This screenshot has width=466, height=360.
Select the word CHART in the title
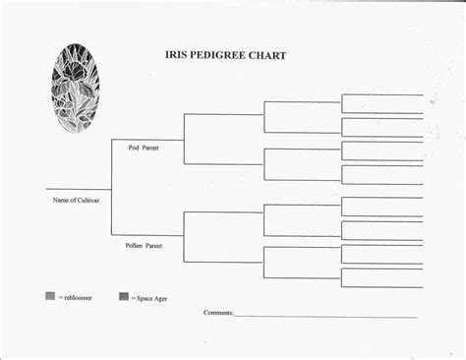pyautogui.click(x=267, y=56)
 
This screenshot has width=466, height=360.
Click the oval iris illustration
pyautogui.click(x=75, y=88)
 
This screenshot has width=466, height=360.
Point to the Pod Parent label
pyautogui.click(x=143, y=148)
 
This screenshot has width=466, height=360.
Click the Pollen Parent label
pyautogui.click(x=144, y=245)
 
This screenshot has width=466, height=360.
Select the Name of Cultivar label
pyautogui.click(x=76, y=200)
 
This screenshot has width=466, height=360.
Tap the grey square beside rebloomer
pyautogui.click(x=50, y=296)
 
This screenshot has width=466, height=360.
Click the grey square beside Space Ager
pyautogui.click(x=124, y=296)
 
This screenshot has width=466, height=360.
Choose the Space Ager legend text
pyautogui.click(x=151, y=298)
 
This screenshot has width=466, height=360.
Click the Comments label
pyautogui.click(x=218, y=313)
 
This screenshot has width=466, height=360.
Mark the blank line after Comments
pyautogui.click(x=324, y=317)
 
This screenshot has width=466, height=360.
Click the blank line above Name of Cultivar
pyautogui.click(x=78, y=188)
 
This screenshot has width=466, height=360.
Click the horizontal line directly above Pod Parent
pyautogui.click(x=147, y=139)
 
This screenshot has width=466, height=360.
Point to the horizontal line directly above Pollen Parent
pyautogui.click(x=147, y=236)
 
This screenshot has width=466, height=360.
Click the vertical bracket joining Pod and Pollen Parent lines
pyautogui.click(x=111, y=188)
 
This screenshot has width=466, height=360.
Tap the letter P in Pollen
pyautogui.click(x=127, y=245)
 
